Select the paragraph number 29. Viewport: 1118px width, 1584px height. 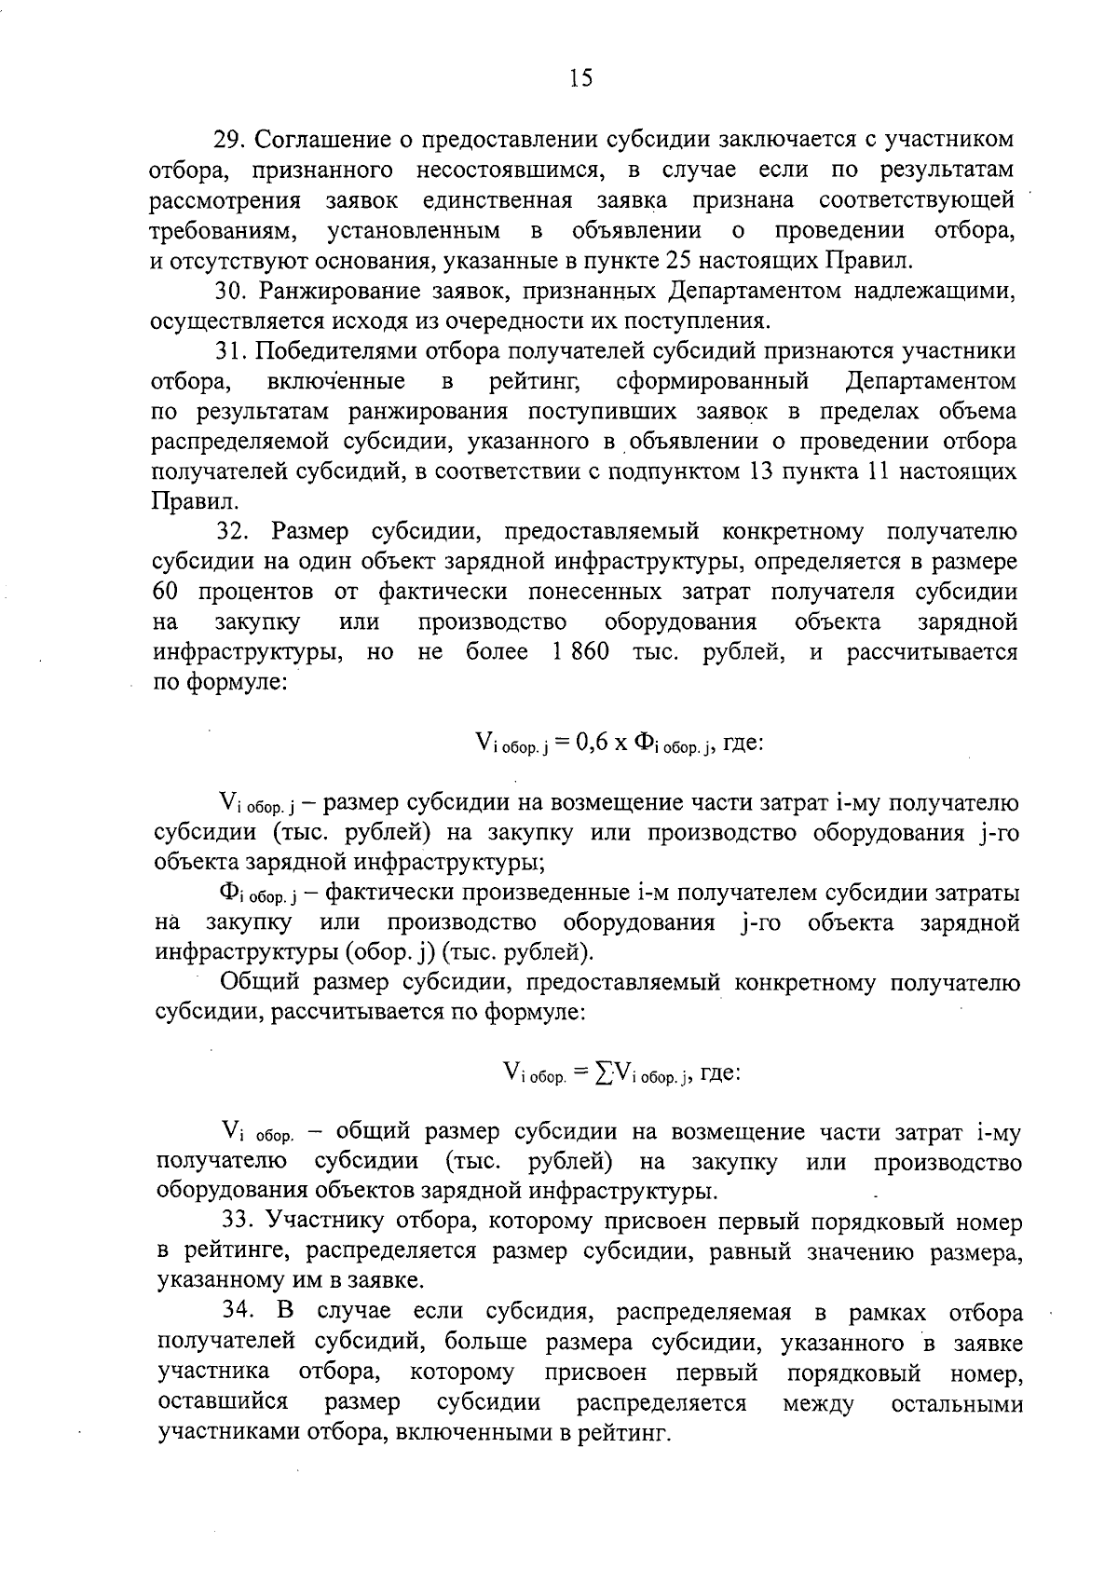click(x=227, y=140)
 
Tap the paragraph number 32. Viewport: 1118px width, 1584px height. click(x=234, y=532)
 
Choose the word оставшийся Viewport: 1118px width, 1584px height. click(x=223, y=1402)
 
